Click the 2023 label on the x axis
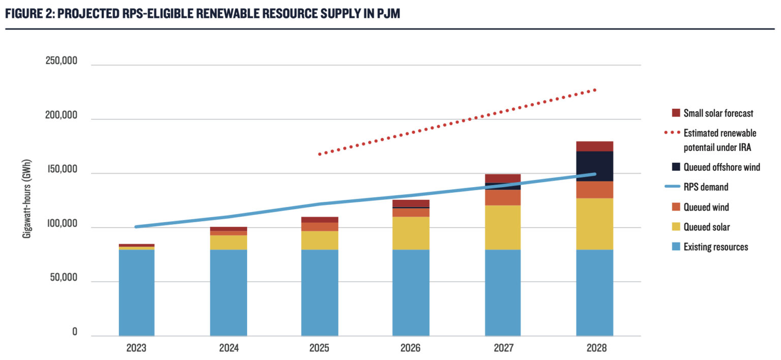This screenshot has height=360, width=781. point(136,349)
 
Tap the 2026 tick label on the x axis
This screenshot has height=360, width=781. point(410,349)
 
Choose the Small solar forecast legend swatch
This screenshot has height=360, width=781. point(676,113)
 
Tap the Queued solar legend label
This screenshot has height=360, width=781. point(706,227)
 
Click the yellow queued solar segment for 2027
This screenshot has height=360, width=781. point(502,227)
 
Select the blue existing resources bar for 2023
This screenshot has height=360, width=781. point(136,292)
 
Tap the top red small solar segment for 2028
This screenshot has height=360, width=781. point(594,146)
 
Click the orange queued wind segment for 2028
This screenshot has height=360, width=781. point(594,190)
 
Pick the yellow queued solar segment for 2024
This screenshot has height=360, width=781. point(228,243)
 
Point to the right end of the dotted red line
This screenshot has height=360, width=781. point(594,90)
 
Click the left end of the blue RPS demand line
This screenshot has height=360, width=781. point(136,227)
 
